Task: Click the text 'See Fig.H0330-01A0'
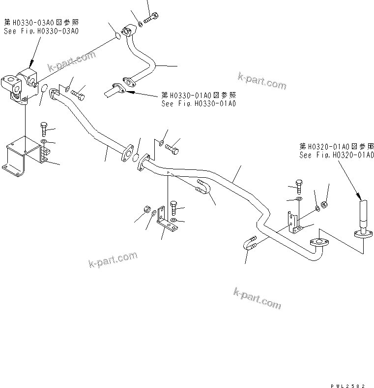pyautogui.click(x=199, y=103)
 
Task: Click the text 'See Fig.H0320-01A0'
pyautogui.click(x=337, y=155)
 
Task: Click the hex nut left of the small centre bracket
pyautogui.click(x=146, y=209)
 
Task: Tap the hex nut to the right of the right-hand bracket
pyautogui.click(x=324, y=203)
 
